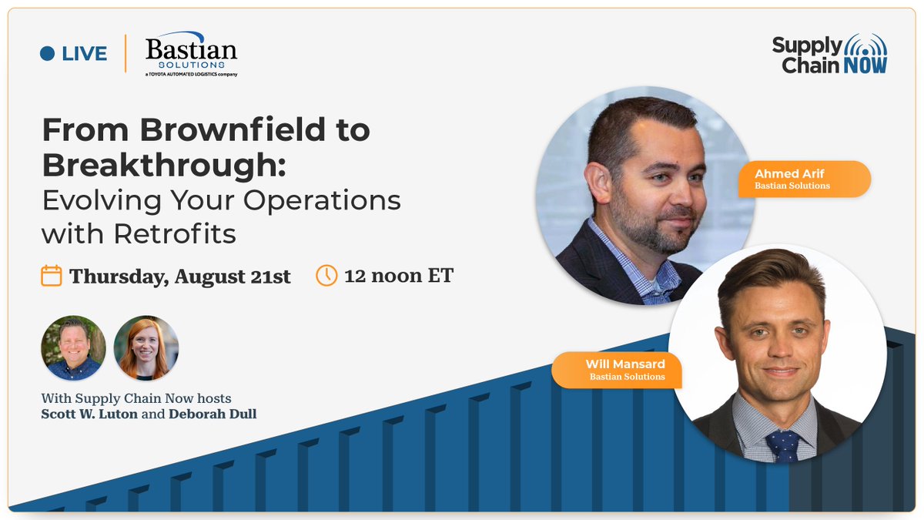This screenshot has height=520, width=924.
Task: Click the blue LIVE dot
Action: click(48, 54)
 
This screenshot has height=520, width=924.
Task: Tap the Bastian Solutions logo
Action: click(191, 54)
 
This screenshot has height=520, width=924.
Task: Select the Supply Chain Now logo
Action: click(829, 54)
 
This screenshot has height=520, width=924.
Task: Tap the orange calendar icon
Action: click(52, 276)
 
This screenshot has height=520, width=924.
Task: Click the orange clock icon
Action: click(326, 275)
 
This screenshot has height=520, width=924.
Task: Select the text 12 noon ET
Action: click(399, 276)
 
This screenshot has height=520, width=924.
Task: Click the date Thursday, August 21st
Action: click(180, 277)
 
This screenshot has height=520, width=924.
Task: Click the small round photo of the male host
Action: click(73, 348)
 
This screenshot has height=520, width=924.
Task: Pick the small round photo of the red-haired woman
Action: click(146, 348)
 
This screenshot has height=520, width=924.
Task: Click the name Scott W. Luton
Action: click(84, 414)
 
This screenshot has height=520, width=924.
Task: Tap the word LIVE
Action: click(85, 54)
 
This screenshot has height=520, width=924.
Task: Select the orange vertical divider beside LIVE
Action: click(126, 54)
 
